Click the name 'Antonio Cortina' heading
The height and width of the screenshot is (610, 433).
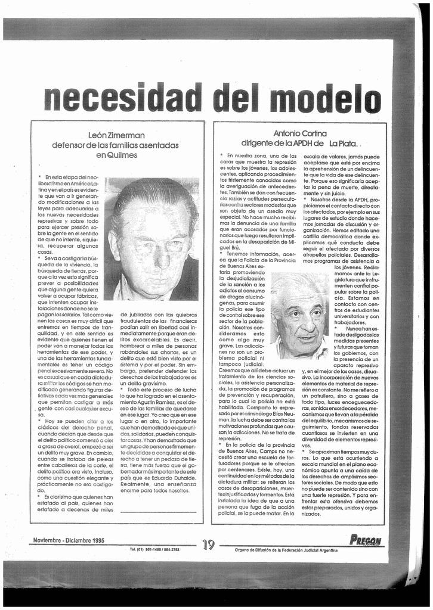(x=299, y=133)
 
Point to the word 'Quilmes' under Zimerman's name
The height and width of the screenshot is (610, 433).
(x=116, y=155)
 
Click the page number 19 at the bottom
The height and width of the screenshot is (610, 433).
(x=208, y=544)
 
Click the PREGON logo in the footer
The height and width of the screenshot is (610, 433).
(x=366, y=540)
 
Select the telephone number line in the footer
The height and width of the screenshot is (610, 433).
(x=154, y=549)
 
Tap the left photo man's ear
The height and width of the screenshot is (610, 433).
(x=113, y=245)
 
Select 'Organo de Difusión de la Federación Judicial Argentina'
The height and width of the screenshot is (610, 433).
(x=286, y=550)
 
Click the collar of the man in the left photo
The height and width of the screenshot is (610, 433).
(x=128, y=292)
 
